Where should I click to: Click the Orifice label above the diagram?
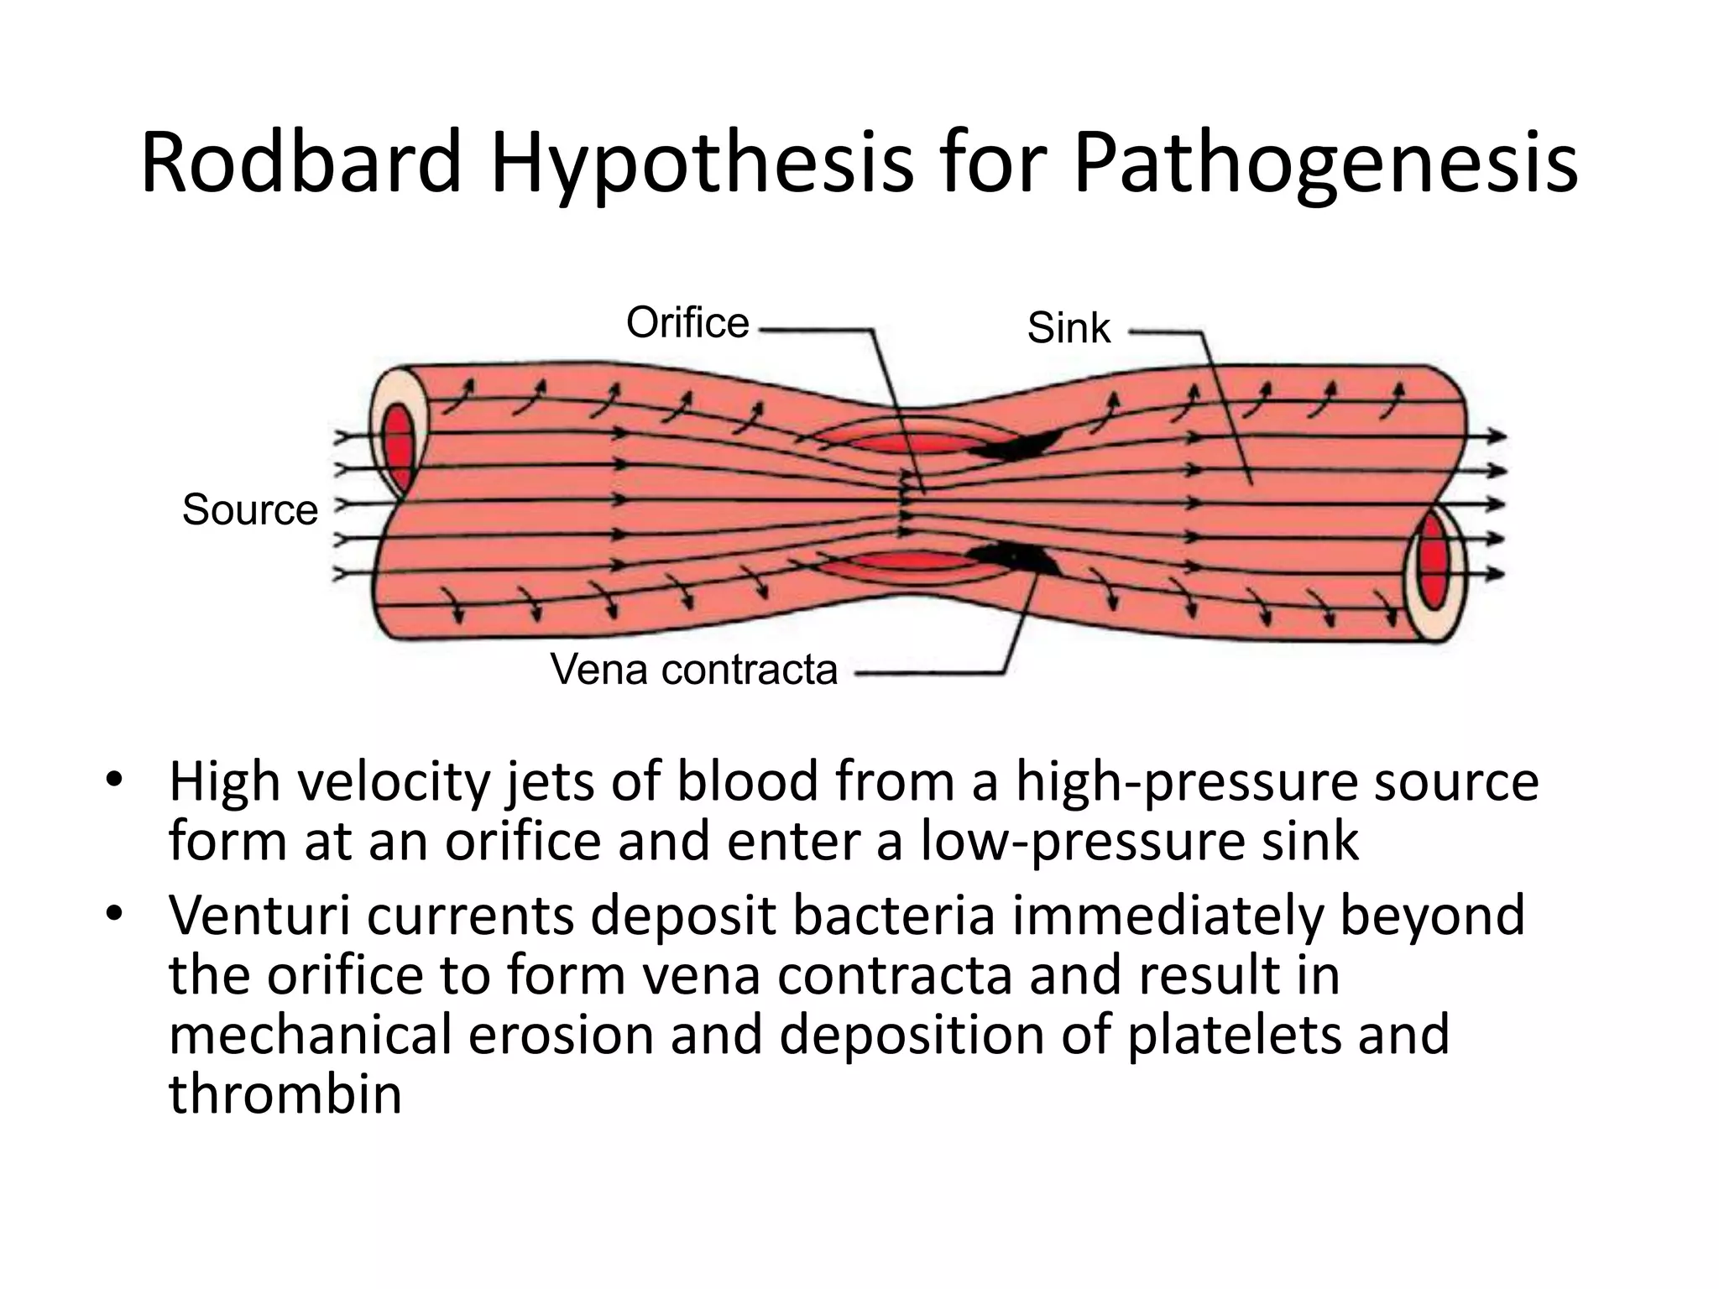coord(687,323)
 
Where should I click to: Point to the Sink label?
coord(1068,328)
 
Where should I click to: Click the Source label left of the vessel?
coord(250,510)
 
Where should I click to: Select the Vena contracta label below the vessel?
coord(694,670)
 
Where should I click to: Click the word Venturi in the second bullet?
coord(259,915)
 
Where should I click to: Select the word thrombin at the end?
coord(285,1095)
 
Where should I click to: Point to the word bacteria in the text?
coord(893,915)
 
